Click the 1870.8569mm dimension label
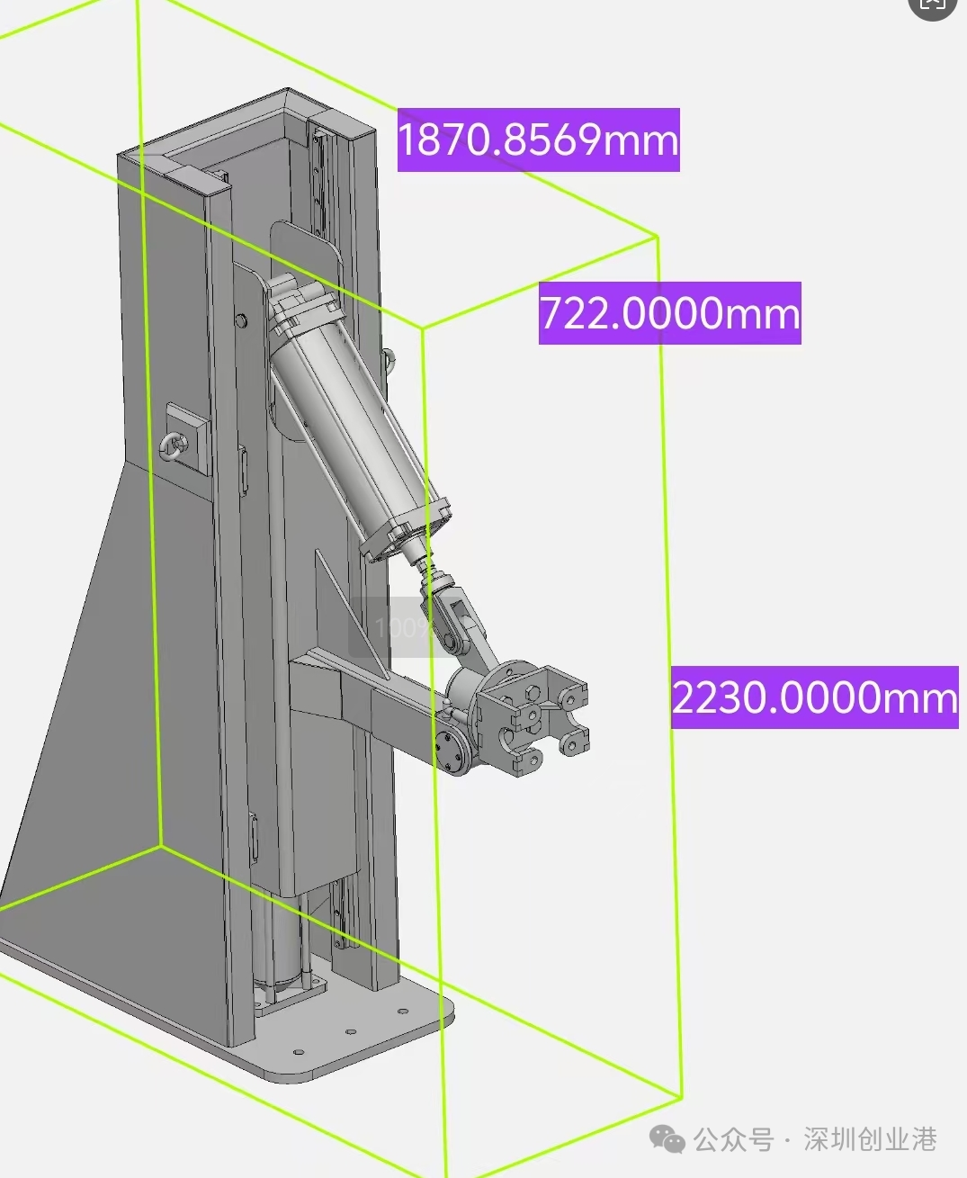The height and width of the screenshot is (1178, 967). (x=538, y=139)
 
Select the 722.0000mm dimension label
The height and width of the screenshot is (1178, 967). (x=669, y=313)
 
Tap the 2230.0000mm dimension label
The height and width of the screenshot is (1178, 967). (x=815, y=697)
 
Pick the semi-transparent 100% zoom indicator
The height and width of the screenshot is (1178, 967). (x=403, y=627)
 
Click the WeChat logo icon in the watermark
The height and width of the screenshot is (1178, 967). (x=667, y=1139)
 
